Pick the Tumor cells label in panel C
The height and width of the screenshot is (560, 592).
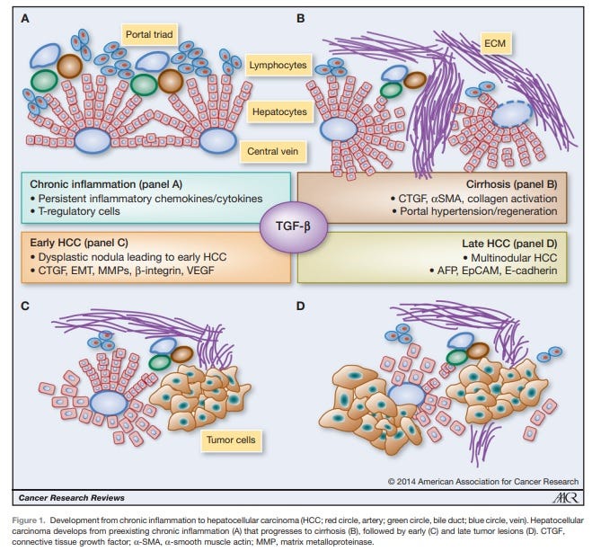231,441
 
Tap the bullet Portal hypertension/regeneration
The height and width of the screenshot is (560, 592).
474,210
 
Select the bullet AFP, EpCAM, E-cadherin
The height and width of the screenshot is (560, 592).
490,270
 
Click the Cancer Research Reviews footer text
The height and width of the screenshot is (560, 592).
71,498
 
